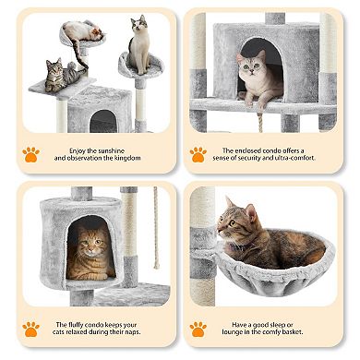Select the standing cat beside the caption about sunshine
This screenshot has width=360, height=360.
coord(138,47)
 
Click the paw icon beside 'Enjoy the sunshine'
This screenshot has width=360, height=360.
coord(30,154)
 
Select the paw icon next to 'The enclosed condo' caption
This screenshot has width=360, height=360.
coord(198,154)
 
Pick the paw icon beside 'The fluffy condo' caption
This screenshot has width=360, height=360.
coord(30,329)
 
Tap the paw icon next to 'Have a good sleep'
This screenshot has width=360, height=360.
coord(198,329)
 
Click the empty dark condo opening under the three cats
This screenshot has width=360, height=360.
coord(102,121)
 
